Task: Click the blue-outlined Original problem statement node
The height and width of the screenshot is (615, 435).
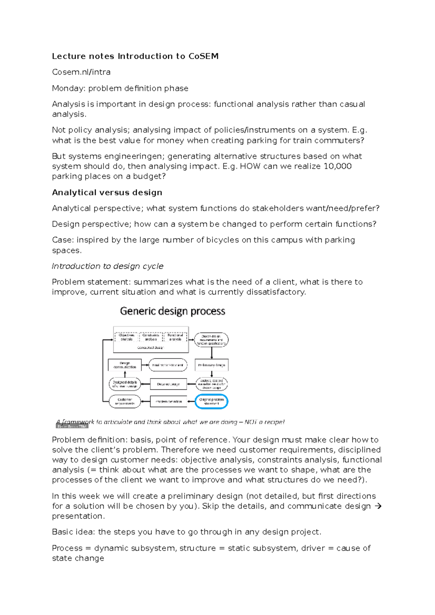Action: click(211, 401)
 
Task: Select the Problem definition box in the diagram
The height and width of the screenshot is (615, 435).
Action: click(169, 401)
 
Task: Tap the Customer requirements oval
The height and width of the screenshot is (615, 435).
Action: click(125, 401)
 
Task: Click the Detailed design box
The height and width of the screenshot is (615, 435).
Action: click(169, 384)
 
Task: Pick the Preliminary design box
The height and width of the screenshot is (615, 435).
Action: click(211, 365)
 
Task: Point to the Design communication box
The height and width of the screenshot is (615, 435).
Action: click(125, 365)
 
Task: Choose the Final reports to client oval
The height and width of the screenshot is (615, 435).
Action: click(168, 365)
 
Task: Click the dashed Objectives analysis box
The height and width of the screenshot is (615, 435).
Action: click(127, 337)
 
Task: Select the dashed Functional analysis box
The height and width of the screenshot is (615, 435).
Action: click(175, 337)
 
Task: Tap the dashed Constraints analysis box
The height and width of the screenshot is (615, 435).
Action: click(151, 337)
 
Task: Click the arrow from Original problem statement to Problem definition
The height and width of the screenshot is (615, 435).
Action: click(191, 401)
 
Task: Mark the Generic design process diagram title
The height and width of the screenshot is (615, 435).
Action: click(173, 311)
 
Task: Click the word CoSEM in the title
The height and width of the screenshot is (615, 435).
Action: click(203, 56)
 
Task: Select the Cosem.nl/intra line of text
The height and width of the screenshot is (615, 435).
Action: click(81, 72)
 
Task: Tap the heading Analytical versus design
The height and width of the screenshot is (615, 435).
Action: click(107, 192)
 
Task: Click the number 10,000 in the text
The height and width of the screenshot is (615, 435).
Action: click(337, 166)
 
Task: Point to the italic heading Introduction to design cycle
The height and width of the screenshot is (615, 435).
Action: click(107, 266)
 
